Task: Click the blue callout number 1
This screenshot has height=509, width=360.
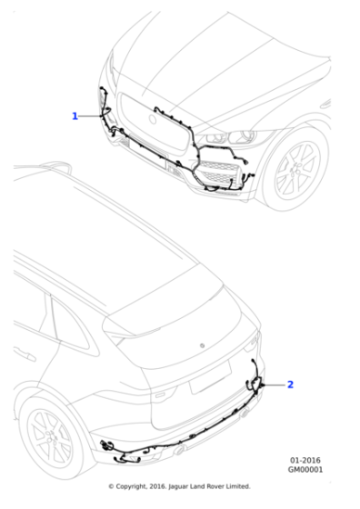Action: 75,115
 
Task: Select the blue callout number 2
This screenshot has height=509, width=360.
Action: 290,384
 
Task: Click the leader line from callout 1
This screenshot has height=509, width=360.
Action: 91,115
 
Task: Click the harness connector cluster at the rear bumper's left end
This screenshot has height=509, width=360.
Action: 107,446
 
